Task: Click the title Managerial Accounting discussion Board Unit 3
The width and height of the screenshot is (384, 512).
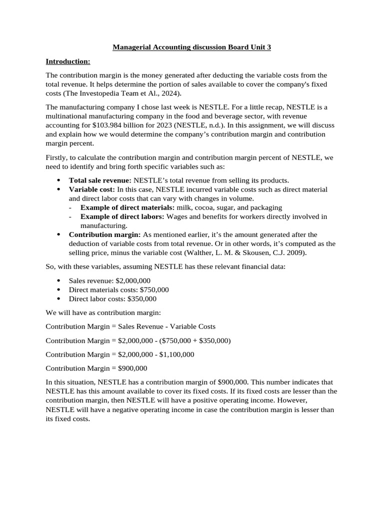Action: (x=191, y=47)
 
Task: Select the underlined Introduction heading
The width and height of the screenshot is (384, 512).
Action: (x=68, y=61)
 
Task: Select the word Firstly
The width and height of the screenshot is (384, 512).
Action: (x=56, y=157)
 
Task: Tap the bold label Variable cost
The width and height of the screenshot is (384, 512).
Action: (x=91, y=189)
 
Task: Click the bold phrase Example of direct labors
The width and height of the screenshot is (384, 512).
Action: (x=122, y=216)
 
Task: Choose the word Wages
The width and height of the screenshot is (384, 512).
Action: (x=177, y=216)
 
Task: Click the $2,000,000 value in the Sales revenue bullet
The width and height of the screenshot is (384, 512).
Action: (x=132, y=280)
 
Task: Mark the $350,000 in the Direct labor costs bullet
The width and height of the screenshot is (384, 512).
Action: (x=142, y=298)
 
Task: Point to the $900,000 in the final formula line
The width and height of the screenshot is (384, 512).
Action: (x=132, y=368)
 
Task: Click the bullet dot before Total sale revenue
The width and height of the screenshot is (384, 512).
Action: (x=58, y=180)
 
